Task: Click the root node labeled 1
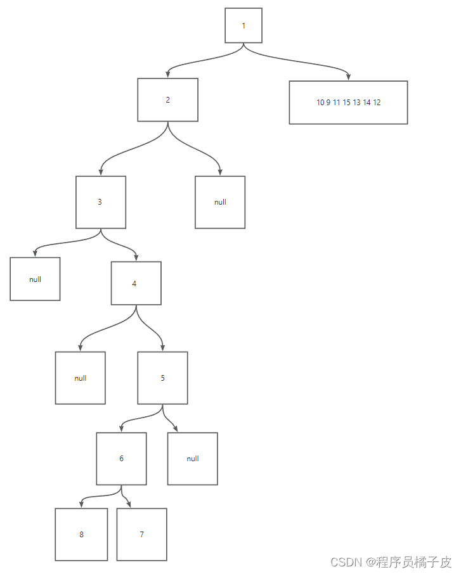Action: (243, 25)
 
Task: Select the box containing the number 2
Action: (168, 99)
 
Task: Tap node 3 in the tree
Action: (100, 202)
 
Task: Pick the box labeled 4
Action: (136, 283)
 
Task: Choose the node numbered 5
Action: (162, 378)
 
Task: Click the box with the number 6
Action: (121, 459)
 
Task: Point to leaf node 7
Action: (141, 534)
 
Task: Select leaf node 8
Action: (81, 534)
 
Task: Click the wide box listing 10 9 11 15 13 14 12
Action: (348, 103)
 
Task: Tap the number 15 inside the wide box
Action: (347, 103)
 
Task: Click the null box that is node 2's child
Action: (220, 202)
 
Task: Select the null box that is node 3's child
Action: (35, 279)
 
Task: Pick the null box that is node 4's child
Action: (80, 378)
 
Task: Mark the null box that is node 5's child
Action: (193, 459)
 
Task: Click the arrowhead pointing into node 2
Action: (168, 75)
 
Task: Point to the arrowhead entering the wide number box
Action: (349, 77)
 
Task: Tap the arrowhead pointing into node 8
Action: (81, 504)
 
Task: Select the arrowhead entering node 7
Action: (130, 504)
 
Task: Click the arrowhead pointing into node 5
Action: (163, 348)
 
